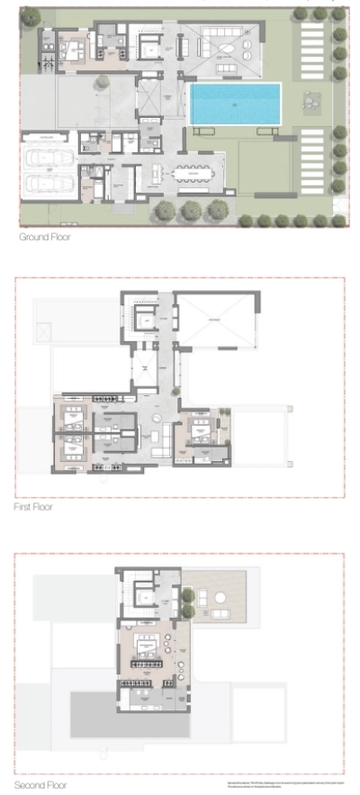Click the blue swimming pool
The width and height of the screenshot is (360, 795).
click(x=235, y=104)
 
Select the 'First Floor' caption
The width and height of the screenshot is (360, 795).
click(x=33, y=507)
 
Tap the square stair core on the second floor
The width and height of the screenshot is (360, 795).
click(x=142, y=592)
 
